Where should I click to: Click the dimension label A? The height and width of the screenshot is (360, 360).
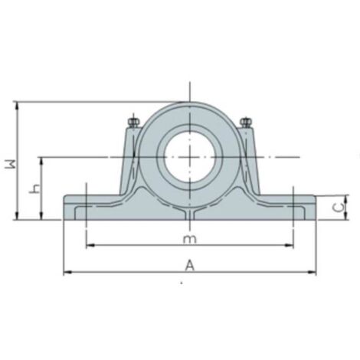pos(188,265)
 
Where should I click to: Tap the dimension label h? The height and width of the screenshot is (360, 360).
pos(32,188)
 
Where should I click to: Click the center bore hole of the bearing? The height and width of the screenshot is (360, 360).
pos(188,156)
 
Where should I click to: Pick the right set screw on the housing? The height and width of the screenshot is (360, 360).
pos(245,121)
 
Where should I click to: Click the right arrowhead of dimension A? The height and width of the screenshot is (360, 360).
pos(312,272)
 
